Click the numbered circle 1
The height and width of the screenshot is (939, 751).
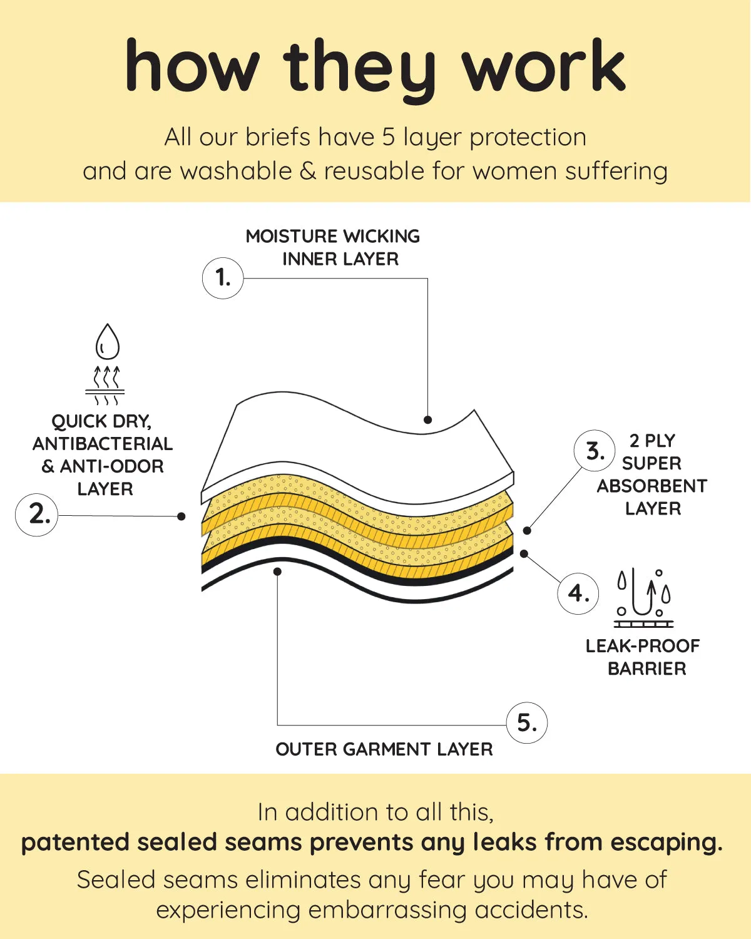click(222, 277)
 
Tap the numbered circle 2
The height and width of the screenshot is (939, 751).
click(37, 514)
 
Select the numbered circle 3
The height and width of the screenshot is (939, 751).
click(595, 451)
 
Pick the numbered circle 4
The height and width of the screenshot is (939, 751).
click(578, 593)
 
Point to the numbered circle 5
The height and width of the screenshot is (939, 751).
click(526, 723)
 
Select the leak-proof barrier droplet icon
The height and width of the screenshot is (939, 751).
click(643, 598)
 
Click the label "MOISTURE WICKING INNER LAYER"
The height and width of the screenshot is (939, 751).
click(333, 247)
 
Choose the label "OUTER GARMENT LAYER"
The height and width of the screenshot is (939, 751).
click(384, 749)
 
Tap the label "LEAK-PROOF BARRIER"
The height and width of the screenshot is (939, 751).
click(643, 657)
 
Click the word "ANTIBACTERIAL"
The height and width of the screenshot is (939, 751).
click(103, 444)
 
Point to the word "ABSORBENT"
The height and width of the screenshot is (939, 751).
click(651, 486)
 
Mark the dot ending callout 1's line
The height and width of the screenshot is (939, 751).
click(427, 419)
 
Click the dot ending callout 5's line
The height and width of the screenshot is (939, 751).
click(277, 571)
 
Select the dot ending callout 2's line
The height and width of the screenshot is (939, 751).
click(181, 516)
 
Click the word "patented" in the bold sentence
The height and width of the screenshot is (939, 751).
click(75, 843)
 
